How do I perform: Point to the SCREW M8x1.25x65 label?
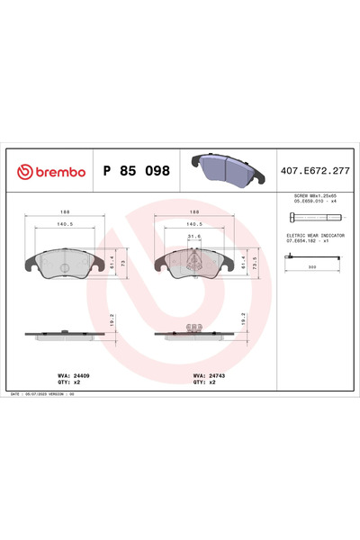click(x=312, y=195)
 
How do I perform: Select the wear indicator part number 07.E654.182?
click(x=307, y=240)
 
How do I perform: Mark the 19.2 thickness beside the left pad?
click(x=112, y=319)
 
